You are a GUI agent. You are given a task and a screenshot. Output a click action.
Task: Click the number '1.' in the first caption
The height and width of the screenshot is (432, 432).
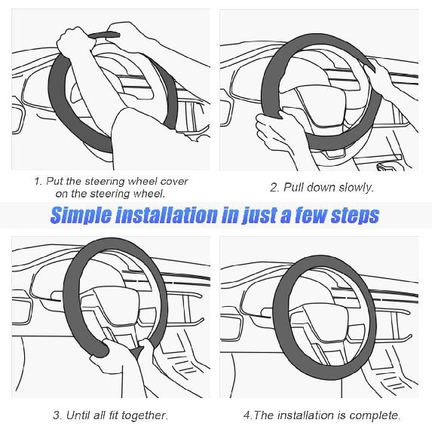tap(38, 182)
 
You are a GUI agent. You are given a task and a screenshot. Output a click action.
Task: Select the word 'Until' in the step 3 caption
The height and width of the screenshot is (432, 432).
tap(82, 415)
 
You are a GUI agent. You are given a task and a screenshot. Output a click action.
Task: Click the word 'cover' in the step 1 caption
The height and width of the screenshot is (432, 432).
tap(170, 182)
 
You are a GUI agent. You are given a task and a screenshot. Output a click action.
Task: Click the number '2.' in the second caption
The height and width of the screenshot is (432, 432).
tap(275, 187)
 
